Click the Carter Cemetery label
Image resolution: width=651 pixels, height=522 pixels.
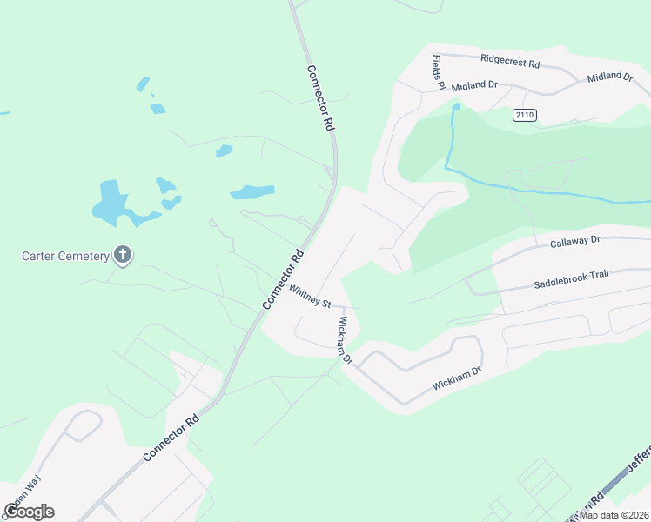tap(66, 256)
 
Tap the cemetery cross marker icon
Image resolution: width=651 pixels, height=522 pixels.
tap(123, 255)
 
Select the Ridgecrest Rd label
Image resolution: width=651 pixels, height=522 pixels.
tap(510, 63)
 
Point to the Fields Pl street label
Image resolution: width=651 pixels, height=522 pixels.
tap(439, 72)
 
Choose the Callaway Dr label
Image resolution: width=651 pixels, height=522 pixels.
tap(575, 242)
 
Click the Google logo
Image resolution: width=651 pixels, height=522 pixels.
tap(29, 512)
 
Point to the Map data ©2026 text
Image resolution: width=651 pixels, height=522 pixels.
tap(614, 514)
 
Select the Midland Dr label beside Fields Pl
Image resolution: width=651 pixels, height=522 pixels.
tap(474, 84)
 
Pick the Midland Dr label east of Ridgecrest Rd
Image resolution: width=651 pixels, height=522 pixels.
tap(609, 77)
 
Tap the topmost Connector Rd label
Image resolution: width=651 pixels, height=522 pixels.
tap(320, 98)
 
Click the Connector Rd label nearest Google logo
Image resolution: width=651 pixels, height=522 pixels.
tap(171, 438)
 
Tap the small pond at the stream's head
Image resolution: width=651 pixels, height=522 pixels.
tap(455, 107)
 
